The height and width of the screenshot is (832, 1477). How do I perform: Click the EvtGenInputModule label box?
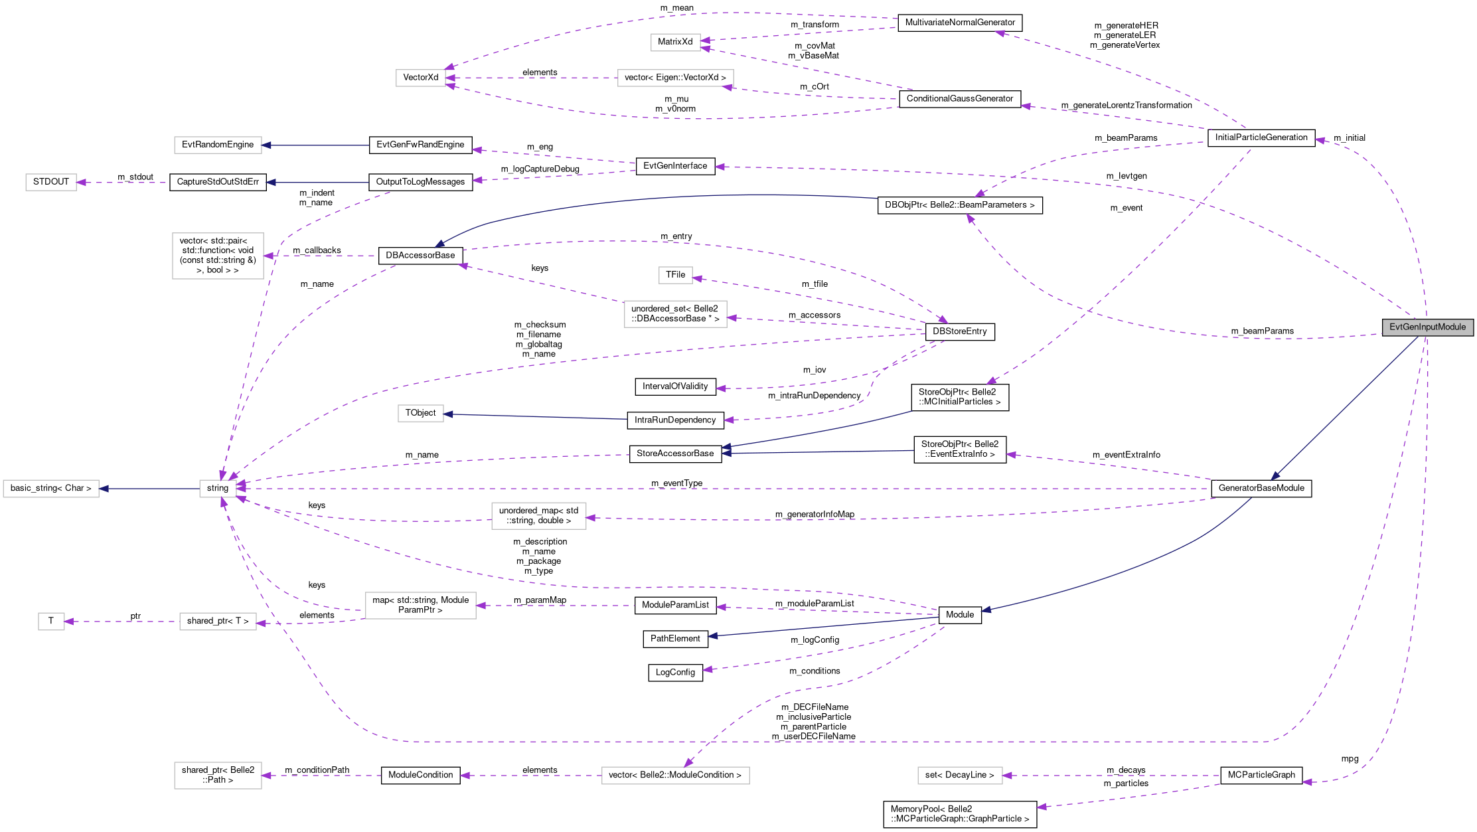(x=1427, y=327)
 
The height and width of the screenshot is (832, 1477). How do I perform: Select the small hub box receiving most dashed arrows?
(x=218, y=489)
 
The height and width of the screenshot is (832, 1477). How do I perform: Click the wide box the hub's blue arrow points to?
(x=51, y=489)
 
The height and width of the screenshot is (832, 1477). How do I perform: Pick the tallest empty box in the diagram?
(x=218, y=256)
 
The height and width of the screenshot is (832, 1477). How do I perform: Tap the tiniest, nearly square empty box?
(x=51, y=622)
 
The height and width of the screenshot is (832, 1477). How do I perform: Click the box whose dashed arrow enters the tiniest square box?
(x=218, y=622)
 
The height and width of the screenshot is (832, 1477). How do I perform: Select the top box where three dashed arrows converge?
(x=420, y=78)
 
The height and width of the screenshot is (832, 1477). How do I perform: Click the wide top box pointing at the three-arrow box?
(x=675, y=78)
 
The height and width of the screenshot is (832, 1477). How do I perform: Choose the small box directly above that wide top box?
(x=675, y=42)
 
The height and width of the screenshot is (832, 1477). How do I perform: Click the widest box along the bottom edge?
(x=675, y=776)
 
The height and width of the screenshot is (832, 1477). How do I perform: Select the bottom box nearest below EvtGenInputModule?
(x=960, y=776)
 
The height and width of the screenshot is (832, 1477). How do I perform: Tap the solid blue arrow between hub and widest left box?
(x=149, y=489)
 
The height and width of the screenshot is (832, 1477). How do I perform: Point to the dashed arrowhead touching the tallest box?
(x=269, y=256)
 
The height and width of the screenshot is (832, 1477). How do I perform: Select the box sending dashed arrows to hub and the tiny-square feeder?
(x=420, y=606)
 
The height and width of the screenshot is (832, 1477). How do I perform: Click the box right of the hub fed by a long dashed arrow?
(x=538, y=516)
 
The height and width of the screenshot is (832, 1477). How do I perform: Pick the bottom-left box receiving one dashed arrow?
(x=218, y=776)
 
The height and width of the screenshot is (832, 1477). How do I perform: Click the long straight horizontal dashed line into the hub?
(x=730, y=489)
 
